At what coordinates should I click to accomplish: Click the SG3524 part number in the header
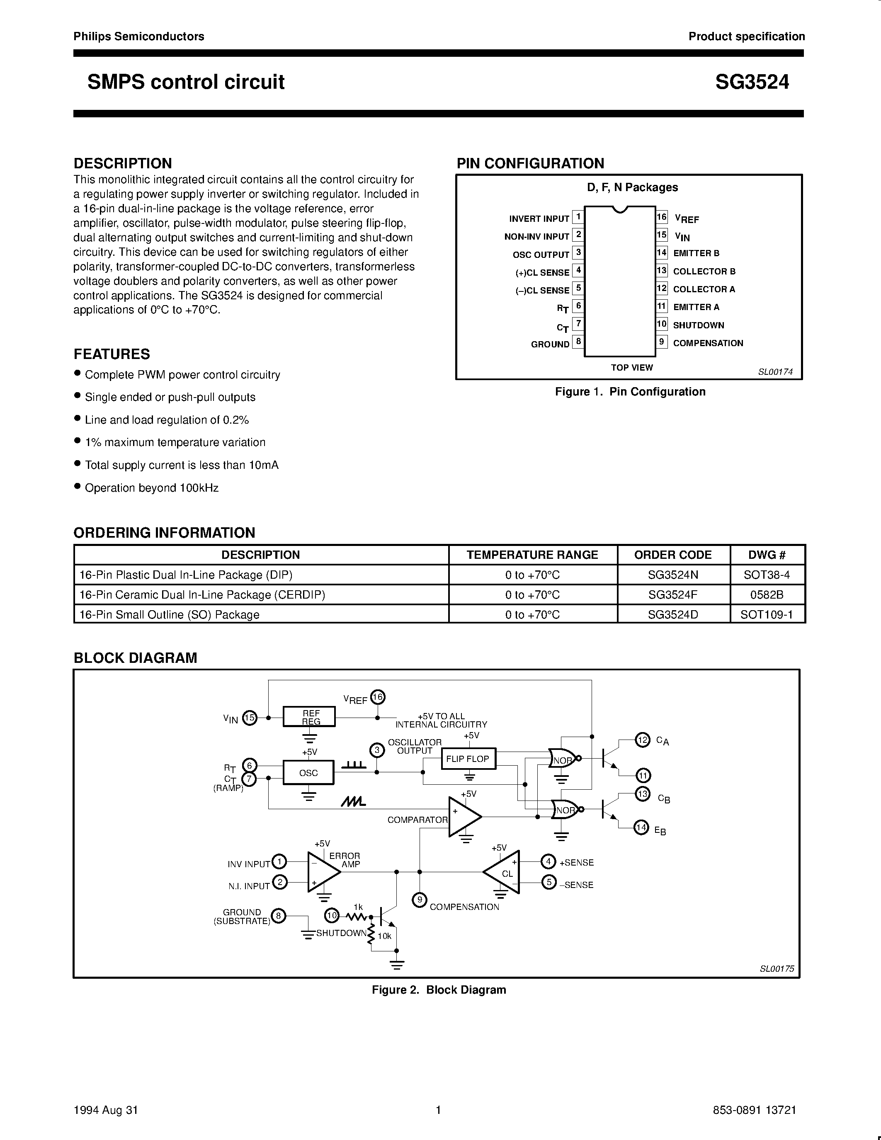752,82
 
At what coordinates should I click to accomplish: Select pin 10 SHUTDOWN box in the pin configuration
661,324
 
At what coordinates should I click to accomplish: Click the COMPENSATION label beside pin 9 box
708,343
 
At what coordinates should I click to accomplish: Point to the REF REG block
309,717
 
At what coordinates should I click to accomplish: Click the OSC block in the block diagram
308,773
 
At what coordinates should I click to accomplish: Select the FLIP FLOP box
468,759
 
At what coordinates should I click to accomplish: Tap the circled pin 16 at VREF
377,697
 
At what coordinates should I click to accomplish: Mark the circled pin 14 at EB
641,827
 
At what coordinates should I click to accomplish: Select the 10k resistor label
385,936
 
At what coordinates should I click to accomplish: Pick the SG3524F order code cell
673,594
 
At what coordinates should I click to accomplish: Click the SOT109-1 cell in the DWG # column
766,614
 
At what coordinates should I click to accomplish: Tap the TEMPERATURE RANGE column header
532,555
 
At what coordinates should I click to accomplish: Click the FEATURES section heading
112,354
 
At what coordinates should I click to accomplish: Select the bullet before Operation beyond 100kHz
77,487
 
